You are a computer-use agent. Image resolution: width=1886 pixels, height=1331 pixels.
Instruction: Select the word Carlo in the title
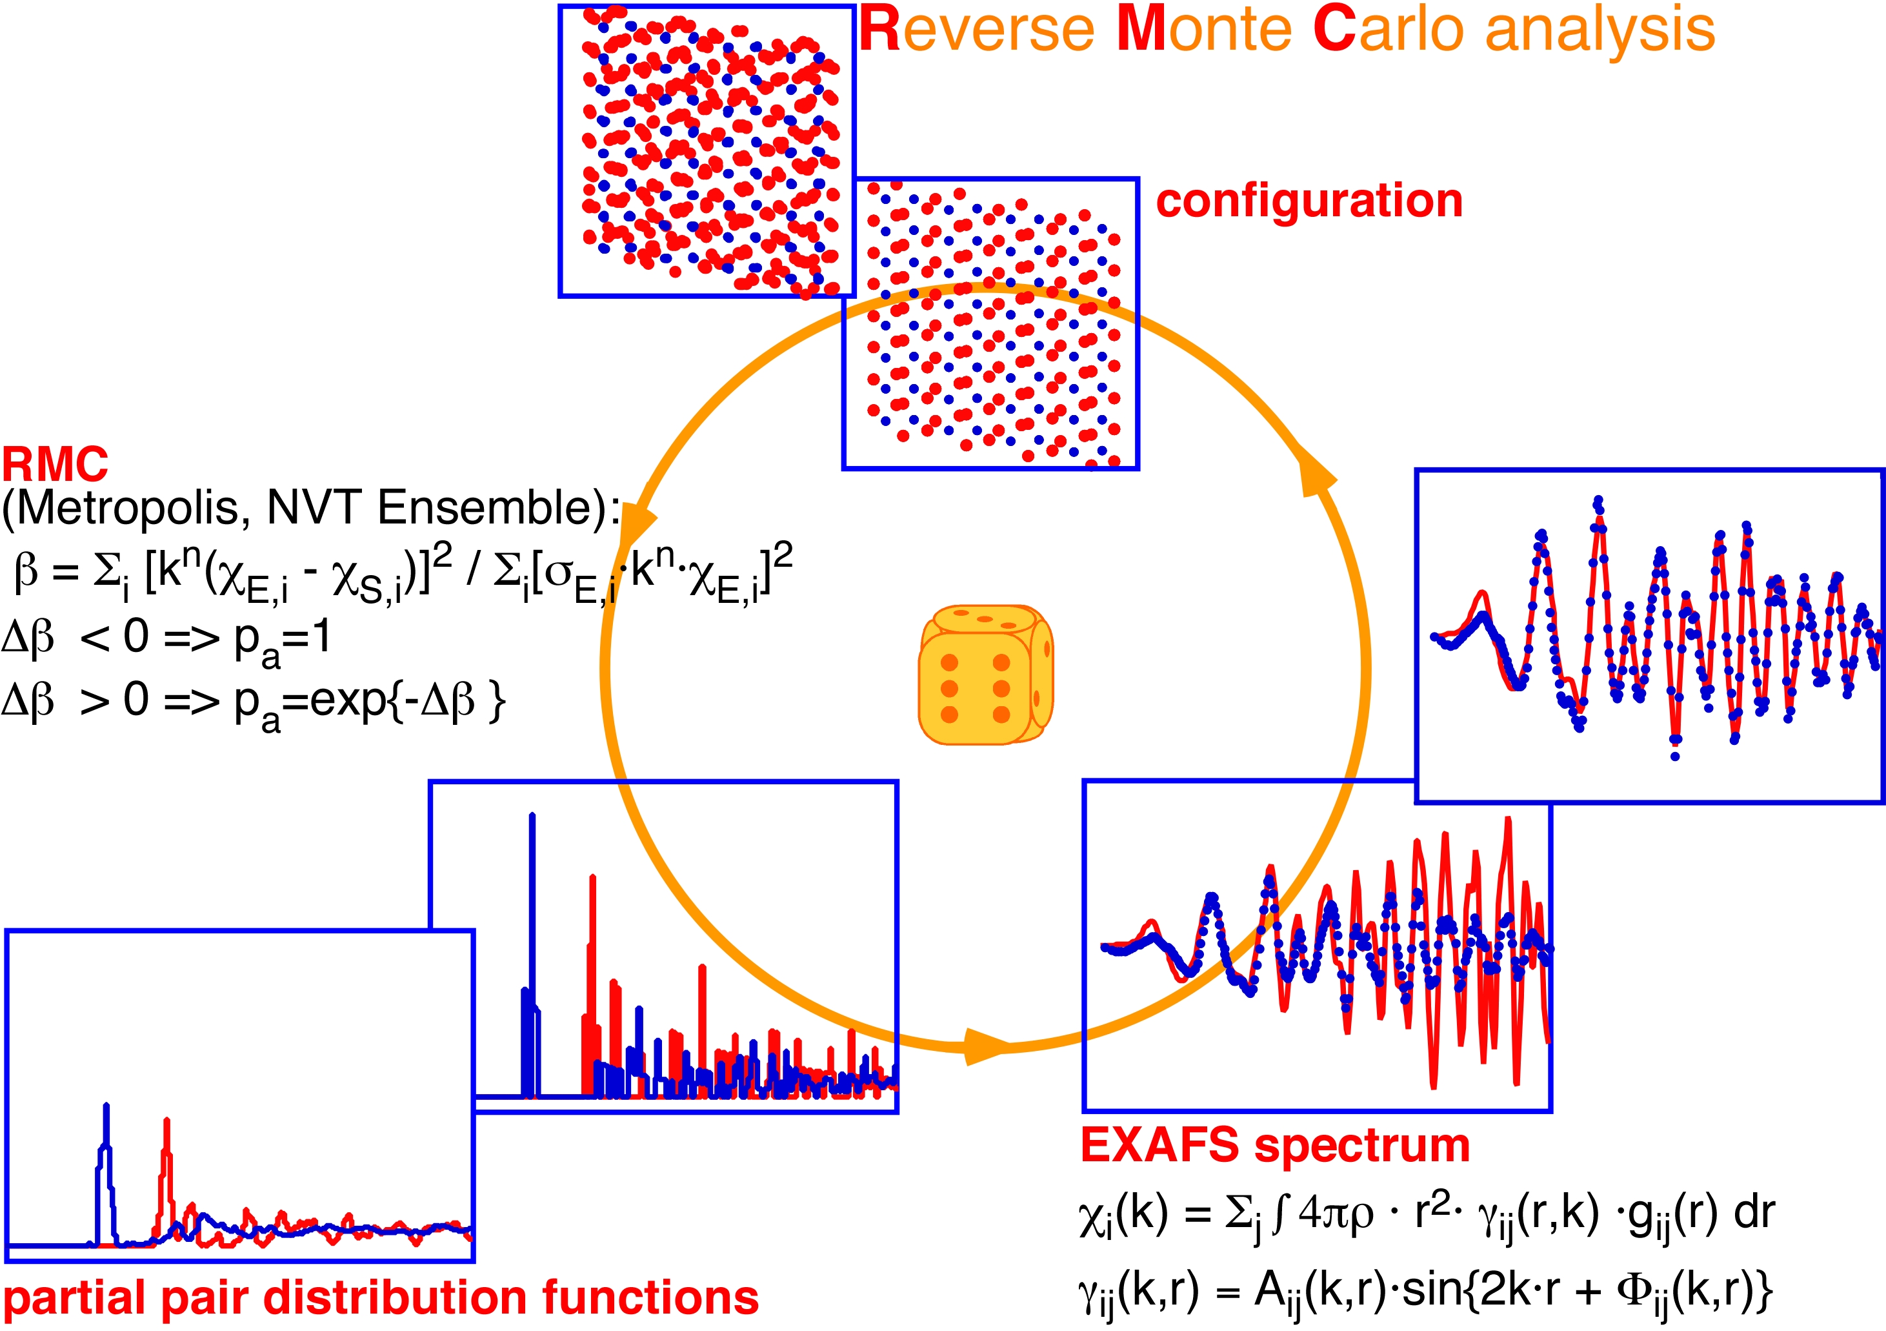click(x=1389, y=31)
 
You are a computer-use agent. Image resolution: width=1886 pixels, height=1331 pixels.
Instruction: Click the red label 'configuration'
click(x=1309, y=201)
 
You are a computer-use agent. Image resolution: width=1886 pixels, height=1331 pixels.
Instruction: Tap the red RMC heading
click(x=54, y=465)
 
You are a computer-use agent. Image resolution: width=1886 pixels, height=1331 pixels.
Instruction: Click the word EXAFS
click(x=1159, y=1145)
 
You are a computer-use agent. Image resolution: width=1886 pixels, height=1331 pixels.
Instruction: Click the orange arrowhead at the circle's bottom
click(x=986, y=1046)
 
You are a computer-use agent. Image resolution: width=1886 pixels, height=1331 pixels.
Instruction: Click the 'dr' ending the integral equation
click(x=1754, y=1214)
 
